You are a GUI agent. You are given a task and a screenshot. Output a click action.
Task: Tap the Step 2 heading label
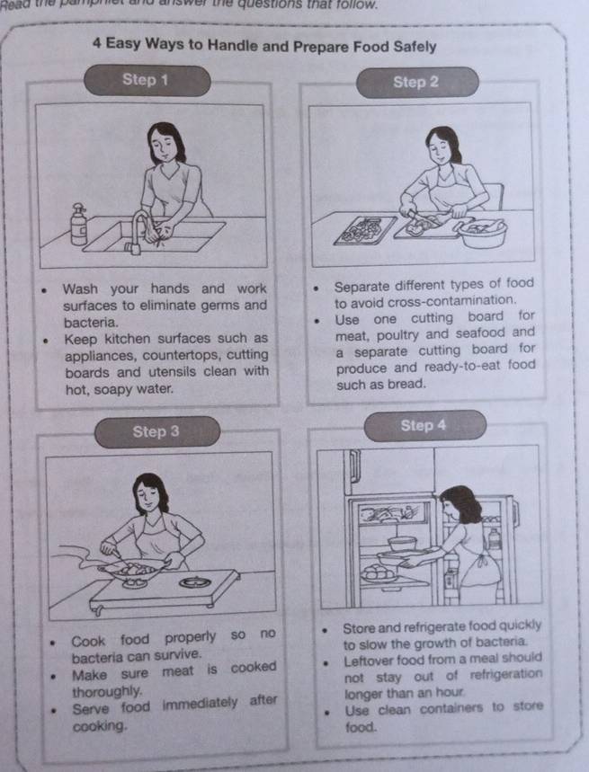pyautogui.click(x=415, y=82)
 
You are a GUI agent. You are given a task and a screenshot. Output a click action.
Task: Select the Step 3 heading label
pyautogui.click(x=156, y=431)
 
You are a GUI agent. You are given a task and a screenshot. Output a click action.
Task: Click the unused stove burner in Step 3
pyautogui.click(x=195, y=582)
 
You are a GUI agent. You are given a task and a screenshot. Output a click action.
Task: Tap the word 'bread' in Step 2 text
pyautogui.click(x=406, y=382)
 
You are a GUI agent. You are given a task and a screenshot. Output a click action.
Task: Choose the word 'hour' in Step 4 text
pyautogui.click(x=450, y=692)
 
